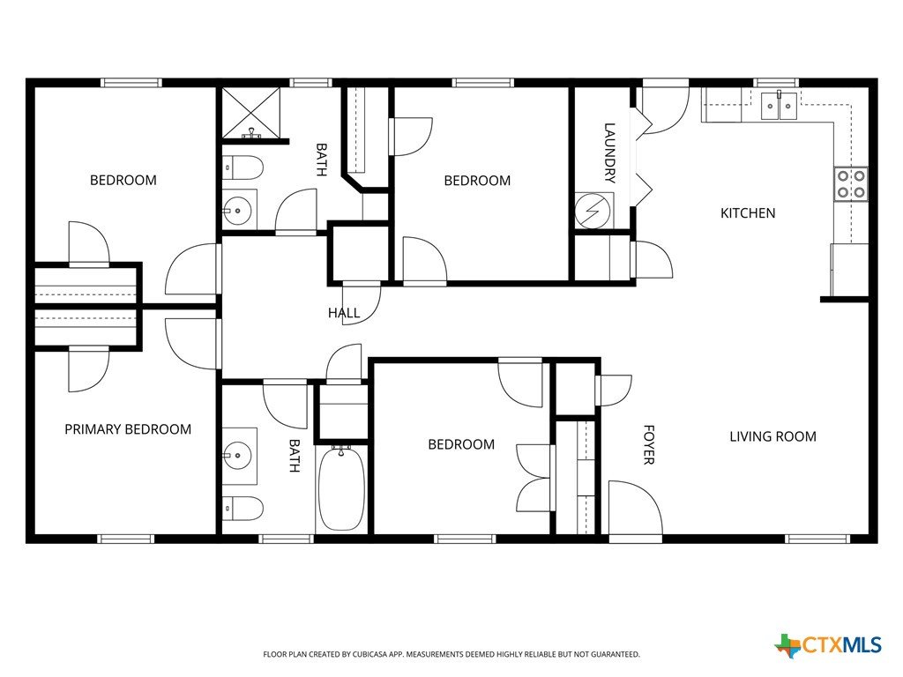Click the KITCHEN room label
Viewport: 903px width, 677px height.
point(748,213)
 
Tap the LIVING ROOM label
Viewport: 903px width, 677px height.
point(772,436)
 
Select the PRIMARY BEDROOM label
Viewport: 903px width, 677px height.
point(128,429)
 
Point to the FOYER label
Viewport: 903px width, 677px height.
point(649,444)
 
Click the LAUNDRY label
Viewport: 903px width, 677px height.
point(609,153)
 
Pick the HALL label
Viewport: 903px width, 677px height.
point(344,313)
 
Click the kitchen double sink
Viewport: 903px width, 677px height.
point(780,106)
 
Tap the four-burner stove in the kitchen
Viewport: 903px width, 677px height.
point(851,183)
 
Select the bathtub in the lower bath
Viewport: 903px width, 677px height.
point(341,488)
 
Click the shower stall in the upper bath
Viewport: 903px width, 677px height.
point(251,113)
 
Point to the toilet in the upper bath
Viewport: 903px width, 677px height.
point(243,167)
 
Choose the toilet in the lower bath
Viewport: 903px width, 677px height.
point(243,509)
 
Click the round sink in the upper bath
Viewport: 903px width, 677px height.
point(237,211)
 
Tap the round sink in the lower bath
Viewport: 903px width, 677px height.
point(237,456)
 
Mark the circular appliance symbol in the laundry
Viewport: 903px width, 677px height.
point(592,211)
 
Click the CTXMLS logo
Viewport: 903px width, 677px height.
point(828,645)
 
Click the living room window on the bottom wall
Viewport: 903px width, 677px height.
point(817,539)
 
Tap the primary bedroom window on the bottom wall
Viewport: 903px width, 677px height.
point(125,539)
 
